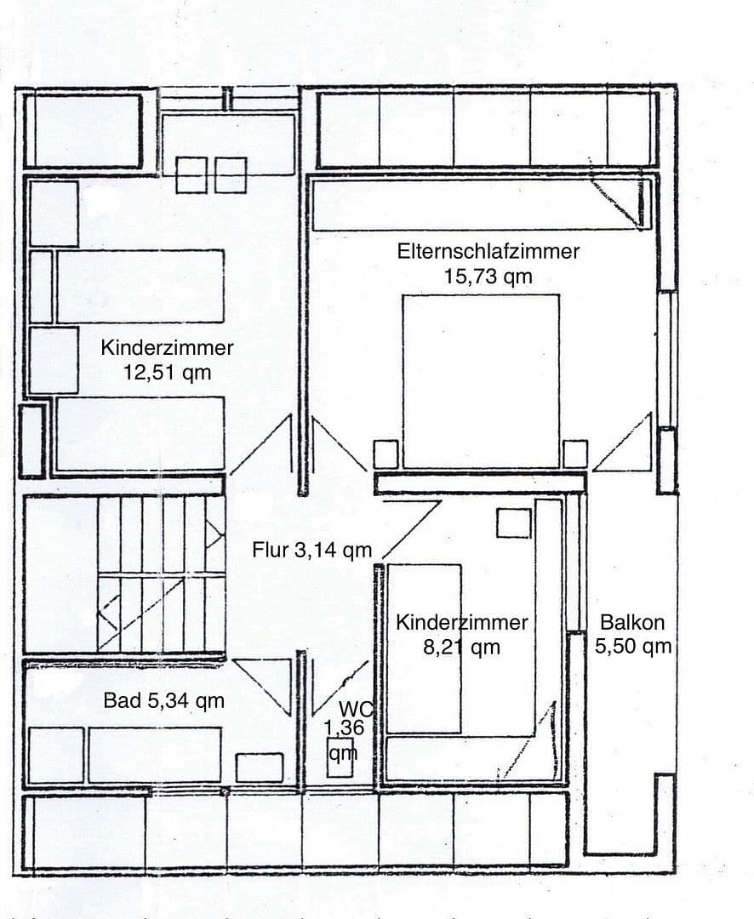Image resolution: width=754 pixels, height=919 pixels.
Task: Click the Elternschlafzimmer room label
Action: [x=488, y=252]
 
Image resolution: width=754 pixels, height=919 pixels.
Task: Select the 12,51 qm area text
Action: [x=167, y=372]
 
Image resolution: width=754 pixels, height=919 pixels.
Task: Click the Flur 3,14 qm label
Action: [x=311, y=551]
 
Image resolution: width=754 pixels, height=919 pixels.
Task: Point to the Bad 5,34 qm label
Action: [x=164, y=701]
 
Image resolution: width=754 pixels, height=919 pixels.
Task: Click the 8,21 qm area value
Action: [x=462, y=648]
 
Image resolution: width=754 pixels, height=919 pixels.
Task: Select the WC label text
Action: [x=356, y=708]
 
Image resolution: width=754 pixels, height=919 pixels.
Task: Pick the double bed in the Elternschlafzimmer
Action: [x=481, y=380]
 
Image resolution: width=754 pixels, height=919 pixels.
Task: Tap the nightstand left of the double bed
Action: [x=386, y=454]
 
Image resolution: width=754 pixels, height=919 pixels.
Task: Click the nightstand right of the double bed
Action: [x=575, y=454]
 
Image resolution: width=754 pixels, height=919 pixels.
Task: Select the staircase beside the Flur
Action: [x=162, y=574]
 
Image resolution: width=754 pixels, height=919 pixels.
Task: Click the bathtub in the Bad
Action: [x=154, y=754]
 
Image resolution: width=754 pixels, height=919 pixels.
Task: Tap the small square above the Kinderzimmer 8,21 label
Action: [x=513, y=522]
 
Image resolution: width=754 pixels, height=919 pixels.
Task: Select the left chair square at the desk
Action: [x=191, y=174]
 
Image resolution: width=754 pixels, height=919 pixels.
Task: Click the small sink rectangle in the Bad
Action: [x=260, y=767]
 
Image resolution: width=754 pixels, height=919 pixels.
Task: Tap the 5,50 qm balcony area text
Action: [x=633, y=647]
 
